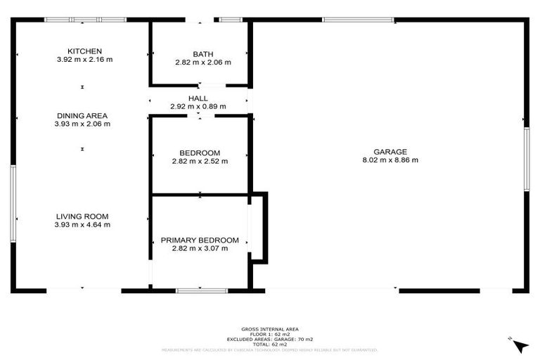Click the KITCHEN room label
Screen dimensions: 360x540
[x=84, y=51]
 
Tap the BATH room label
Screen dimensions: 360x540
[x=202, y=54]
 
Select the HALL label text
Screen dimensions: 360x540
[x=198, y=98]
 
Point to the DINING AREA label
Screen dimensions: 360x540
[x=82, y=115]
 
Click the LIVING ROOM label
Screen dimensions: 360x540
[x=82, y=217]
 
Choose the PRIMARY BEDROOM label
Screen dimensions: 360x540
[x=200, y=240]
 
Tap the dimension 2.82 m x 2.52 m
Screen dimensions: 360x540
[x=200, y=161]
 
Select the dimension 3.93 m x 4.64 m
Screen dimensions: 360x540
[x=82, y=225]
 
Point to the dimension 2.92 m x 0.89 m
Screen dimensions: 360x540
[x=198, y=106]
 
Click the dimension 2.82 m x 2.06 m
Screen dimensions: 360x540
[x=202, y=63]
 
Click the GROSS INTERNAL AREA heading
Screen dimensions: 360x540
[x=270, y=329]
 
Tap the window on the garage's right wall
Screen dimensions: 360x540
[x=526, y=159]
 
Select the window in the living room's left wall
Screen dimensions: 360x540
[x=13, y=204]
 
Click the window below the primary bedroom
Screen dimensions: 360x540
[x=197, y=290]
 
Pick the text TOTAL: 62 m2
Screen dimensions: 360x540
[x=270, y=344]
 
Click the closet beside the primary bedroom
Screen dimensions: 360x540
[x=257, y=227]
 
